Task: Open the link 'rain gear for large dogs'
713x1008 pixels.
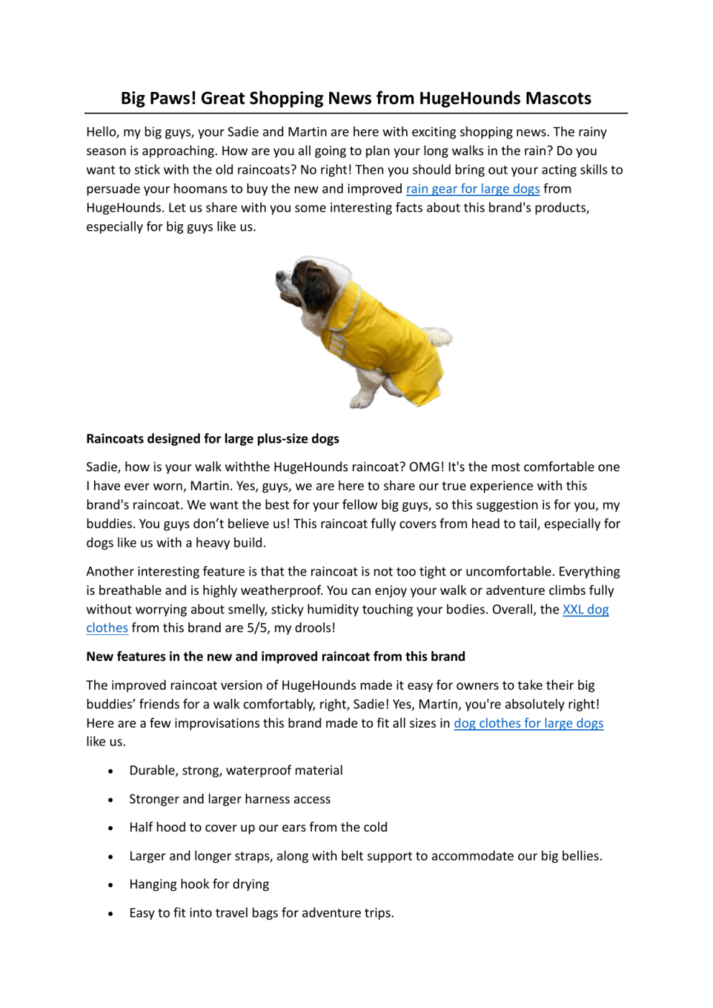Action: click(x=472, y=189)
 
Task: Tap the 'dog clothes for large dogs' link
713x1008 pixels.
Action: click(x=528, y=723)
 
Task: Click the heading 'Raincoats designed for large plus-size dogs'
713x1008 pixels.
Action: click(x=213, y=439)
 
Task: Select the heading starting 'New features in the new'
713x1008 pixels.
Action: click(x=275, y=657)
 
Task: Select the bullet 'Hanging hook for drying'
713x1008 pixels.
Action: click(x=199, y=884)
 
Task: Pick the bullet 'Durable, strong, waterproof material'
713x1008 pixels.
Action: click(x=236, y=771)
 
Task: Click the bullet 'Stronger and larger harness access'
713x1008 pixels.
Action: click(x=230, y=800)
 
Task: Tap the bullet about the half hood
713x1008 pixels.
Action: click(x=258, y=828)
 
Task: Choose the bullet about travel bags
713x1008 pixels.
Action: click(x=262, y=913)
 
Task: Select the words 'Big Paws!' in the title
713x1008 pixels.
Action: click(x=158, y=98)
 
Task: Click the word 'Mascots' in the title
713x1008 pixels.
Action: click(x=558, y=98)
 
